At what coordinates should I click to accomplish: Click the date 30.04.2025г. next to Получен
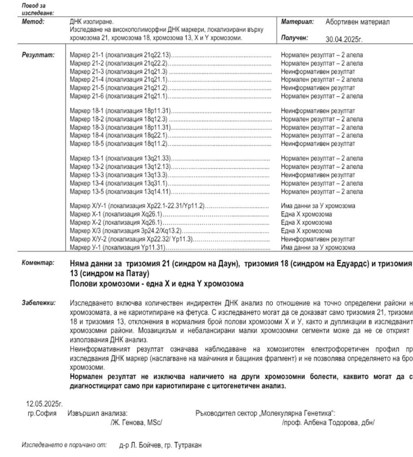[x=343, y=39]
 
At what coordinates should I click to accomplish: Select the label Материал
[x=297, y=22]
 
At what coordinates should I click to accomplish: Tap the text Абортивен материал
[x=357, y=22]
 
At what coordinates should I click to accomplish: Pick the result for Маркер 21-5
[x=318, y=88]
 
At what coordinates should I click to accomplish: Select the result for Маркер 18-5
[x=318, y=144]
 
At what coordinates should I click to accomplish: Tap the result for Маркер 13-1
[x=322, y=158]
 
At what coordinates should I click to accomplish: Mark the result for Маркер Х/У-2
[x=318, y=239]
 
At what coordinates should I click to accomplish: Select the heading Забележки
[x=39, y=303]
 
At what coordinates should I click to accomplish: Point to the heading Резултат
[x=38, y=55]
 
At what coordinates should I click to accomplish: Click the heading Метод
[x=33, y=22]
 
